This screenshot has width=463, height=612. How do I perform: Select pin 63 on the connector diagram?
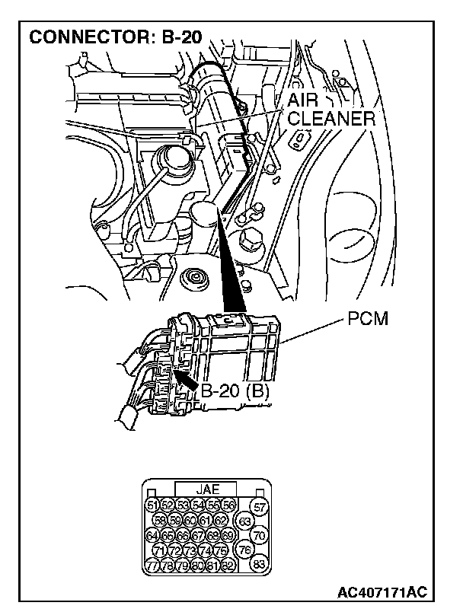tap(245, 521)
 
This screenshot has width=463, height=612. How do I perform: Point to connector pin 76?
tap(245, 550)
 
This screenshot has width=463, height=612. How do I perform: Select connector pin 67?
tap(198, 535)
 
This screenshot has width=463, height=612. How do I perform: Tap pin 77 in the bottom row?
tap(152, 565)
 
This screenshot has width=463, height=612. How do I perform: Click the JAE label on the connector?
tap(207, 489)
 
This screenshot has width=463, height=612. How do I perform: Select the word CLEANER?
tap(331, 120)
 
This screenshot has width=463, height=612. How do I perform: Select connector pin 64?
tap(152, 535)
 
